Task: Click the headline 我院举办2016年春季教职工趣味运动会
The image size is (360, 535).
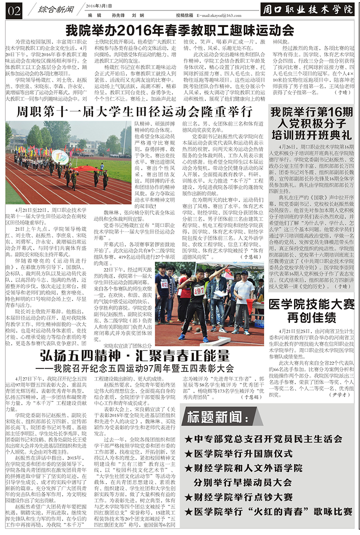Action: pyautogui.click(x=180, y=31)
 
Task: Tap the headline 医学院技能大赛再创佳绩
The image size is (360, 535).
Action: pyautogui.click(x=311, y=311)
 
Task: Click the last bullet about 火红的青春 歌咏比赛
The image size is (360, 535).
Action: pyautogui.click(x=269, y=512)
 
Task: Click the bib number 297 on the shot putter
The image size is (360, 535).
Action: pyautogui.click(x=199, y=291)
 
